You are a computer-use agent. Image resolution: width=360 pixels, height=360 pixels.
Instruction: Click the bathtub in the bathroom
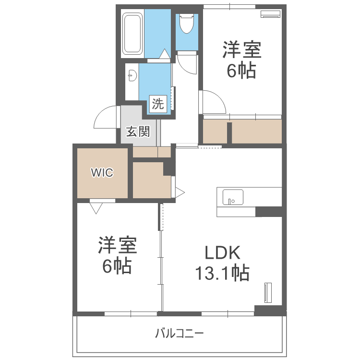point(132,34)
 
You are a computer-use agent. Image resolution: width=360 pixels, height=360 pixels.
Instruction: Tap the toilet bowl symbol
point(187,24)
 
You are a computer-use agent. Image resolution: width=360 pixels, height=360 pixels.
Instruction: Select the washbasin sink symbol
point(132,75)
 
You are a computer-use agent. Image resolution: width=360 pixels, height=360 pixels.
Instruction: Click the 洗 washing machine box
point(158,104)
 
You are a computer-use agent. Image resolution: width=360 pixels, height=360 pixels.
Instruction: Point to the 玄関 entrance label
point(138,132)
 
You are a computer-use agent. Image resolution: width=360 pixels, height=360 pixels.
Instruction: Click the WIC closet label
point(102,172)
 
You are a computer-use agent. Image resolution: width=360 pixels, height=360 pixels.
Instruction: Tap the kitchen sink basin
point(233,197)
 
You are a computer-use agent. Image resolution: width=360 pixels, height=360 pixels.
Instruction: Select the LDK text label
point(222,252)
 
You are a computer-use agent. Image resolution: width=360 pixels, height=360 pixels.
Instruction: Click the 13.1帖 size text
point(222,273)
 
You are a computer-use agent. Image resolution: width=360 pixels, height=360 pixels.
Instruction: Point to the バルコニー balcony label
point(180,333)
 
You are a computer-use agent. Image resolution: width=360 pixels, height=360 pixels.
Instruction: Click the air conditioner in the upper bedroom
point(271,14)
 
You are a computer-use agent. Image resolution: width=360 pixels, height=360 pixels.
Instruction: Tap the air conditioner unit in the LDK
point(268,293)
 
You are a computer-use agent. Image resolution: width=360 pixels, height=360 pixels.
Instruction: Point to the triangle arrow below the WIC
point(96,208)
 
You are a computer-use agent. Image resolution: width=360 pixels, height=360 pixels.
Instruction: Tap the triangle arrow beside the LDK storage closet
point(180,192)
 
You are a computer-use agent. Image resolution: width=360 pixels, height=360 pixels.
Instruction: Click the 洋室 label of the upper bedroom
point(242,49)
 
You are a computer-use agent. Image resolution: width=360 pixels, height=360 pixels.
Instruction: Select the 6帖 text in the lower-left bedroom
point(117,266)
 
